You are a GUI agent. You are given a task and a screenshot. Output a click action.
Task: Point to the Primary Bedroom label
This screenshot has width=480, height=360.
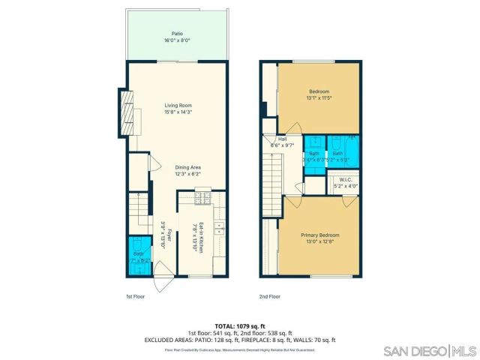click(x=320, y=235)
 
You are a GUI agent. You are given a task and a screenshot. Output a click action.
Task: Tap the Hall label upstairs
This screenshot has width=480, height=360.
click(x=283, y=139)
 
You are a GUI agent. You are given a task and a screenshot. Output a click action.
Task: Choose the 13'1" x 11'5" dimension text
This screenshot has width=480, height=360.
click(x=319, y=97)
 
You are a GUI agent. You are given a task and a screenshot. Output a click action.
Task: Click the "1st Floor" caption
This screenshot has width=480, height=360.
click(x=134, y=296)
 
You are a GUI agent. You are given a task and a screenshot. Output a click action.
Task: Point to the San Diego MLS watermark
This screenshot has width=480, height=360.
click(x=430, y=351)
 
